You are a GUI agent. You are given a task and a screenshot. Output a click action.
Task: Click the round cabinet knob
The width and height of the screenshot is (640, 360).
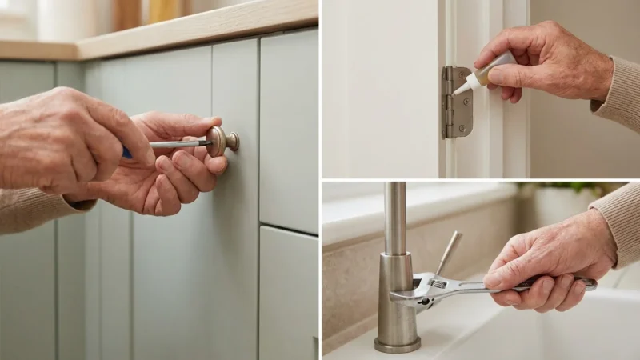tap(221, 140)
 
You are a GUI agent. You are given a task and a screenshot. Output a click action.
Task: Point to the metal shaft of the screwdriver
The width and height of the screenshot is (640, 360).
tap(180, 144)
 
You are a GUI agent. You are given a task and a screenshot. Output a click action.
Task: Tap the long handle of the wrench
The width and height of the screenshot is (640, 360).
tap(552, 284)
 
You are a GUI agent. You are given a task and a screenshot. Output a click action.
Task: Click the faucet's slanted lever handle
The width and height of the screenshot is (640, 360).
tap(447, 253)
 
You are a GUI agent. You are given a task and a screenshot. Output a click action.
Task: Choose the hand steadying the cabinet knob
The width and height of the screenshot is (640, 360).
tap(172, 172)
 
